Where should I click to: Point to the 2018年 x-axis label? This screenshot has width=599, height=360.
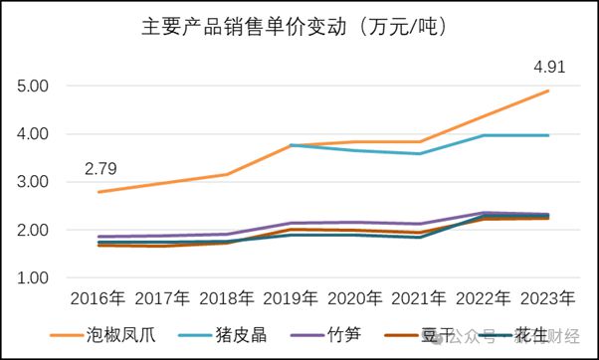(x=227, y=297)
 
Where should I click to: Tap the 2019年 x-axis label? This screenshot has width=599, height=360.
(x=291, y=297)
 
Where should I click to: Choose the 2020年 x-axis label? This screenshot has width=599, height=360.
(x=354, y=297)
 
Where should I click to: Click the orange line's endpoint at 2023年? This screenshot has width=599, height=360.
(x=547, y=91)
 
